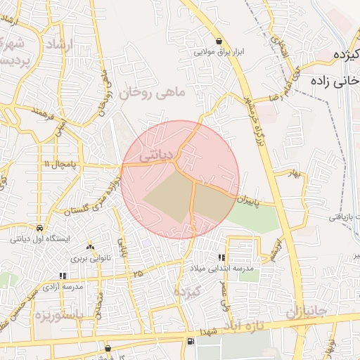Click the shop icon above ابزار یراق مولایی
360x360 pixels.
(221, 41)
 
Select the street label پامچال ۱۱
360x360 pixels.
(58, 164)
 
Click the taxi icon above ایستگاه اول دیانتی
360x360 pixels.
(39, 229)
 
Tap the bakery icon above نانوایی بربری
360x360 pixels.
(90, 247)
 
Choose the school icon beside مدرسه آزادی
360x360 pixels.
(63, 276)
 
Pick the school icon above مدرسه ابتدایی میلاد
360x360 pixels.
(223, 258)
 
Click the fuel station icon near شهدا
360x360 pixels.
(191, 342)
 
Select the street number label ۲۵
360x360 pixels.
(138, 272)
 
